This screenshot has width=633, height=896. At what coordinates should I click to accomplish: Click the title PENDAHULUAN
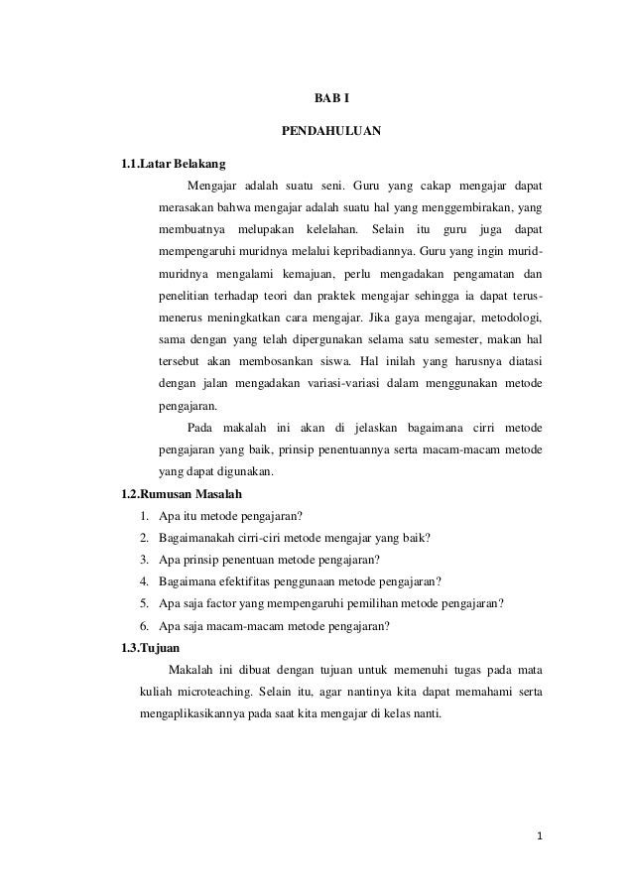[324, 131]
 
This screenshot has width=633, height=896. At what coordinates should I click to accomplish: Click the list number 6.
[145, 625]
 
